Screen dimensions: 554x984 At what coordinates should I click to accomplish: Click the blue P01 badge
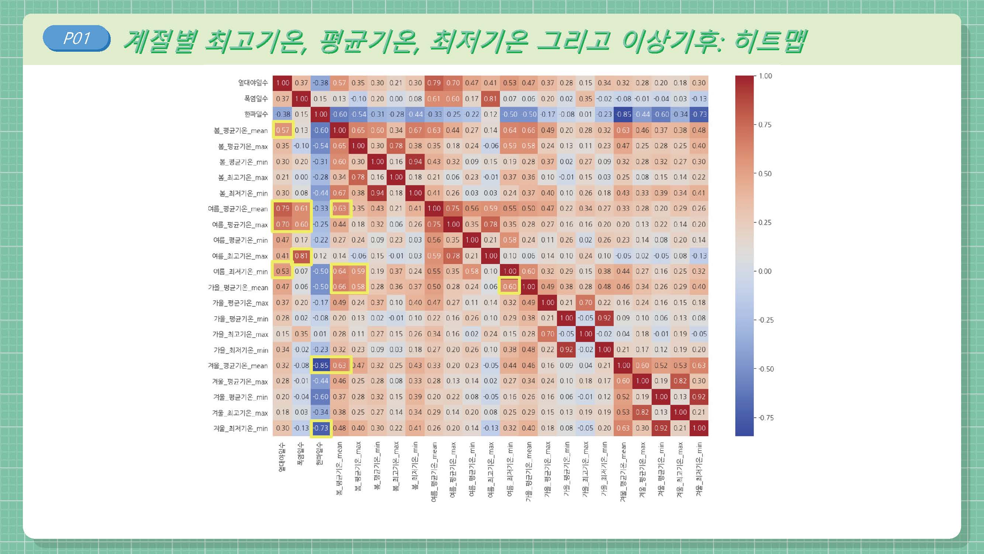pos(76,38)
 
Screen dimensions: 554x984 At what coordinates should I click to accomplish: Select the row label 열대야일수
pos(252,83)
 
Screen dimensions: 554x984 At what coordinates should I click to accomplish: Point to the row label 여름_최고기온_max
pos(240,256)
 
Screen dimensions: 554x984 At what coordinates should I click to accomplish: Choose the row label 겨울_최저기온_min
pos(240,428)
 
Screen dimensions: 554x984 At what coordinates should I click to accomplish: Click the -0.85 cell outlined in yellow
pos(321,366)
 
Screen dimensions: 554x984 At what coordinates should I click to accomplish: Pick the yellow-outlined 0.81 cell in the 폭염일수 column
pos(301,256)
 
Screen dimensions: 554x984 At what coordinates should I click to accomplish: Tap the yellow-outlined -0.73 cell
pos(321,428)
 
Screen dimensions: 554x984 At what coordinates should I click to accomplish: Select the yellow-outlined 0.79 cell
pos(283,208)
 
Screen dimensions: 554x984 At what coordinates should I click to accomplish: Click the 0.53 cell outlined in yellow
pos(283,271)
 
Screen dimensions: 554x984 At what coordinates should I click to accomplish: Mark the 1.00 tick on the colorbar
pos(765,76)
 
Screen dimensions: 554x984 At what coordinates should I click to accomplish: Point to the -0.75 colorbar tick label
pos(766,418)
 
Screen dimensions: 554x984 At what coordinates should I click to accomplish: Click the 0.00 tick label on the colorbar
pos(765,271)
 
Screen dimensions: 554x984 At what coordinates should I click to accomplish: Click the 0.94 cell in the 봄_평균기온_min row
pos(415,161)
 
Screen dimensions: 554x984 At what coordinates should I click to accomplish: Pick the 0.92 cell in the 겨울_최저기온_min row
pos(661,428)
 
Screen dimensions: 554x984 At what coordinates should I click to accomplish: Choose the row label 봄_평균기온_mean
pos(240,131)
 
